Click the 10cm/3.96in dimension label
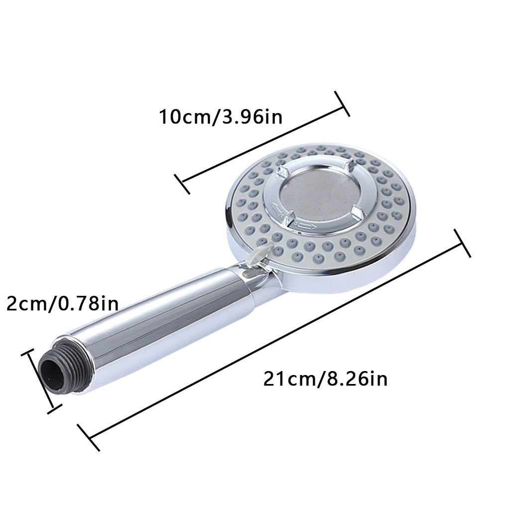point(221,117)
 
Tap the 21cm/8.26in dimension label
point(325,379)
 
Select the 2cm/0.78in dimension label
point(63,304)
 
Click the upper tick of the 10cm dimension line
point(342,104)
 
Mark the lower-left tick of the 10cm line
point(182,184)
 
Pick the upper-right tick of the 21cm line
point(462,243)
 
